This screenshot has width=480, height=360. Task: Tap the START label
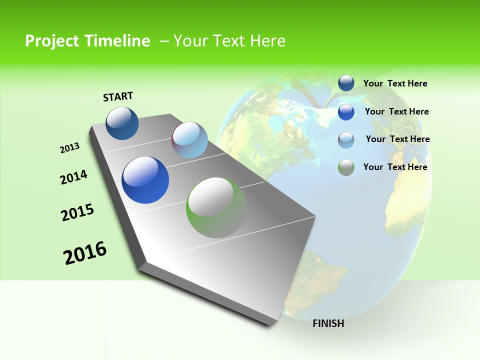118,96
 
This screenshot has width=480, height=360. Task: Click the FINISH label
328,323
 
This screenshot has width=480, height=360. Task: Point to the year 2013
69,148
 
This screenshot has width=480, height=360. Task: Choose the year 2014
73,177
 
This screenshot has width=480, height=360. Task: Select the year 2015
77,212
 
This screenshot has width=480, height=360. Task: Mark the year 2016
85,253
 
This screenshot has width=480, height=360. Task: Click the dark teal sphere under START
122,123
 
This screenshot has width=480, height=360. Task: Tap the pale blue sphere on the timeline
189,140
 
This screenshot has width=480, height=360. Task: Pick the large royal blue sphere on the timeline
145,180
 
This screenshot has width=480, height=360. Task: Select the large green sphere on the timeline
216,207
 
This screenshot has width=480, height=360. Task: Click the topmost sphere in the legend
346,83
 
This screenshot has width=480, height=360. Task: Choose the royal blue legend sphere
346,112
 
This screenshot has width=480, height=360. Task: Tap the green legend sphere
346,167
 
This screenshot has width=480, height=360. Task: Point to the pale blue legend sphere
346,140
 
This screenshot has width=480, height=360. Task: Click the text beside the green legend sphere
395,167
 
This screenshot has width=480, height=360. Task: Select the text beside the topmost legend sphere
395,83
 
